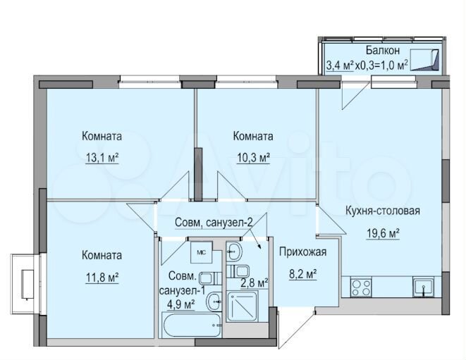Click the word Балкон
[x=383, y=51]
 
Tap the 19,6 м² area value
[x=383, y=234]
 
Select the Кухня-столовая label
[x=383, y=211]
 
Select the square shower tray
[x=240, y=307]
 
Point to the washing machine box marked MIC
[x=201, y=249]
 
